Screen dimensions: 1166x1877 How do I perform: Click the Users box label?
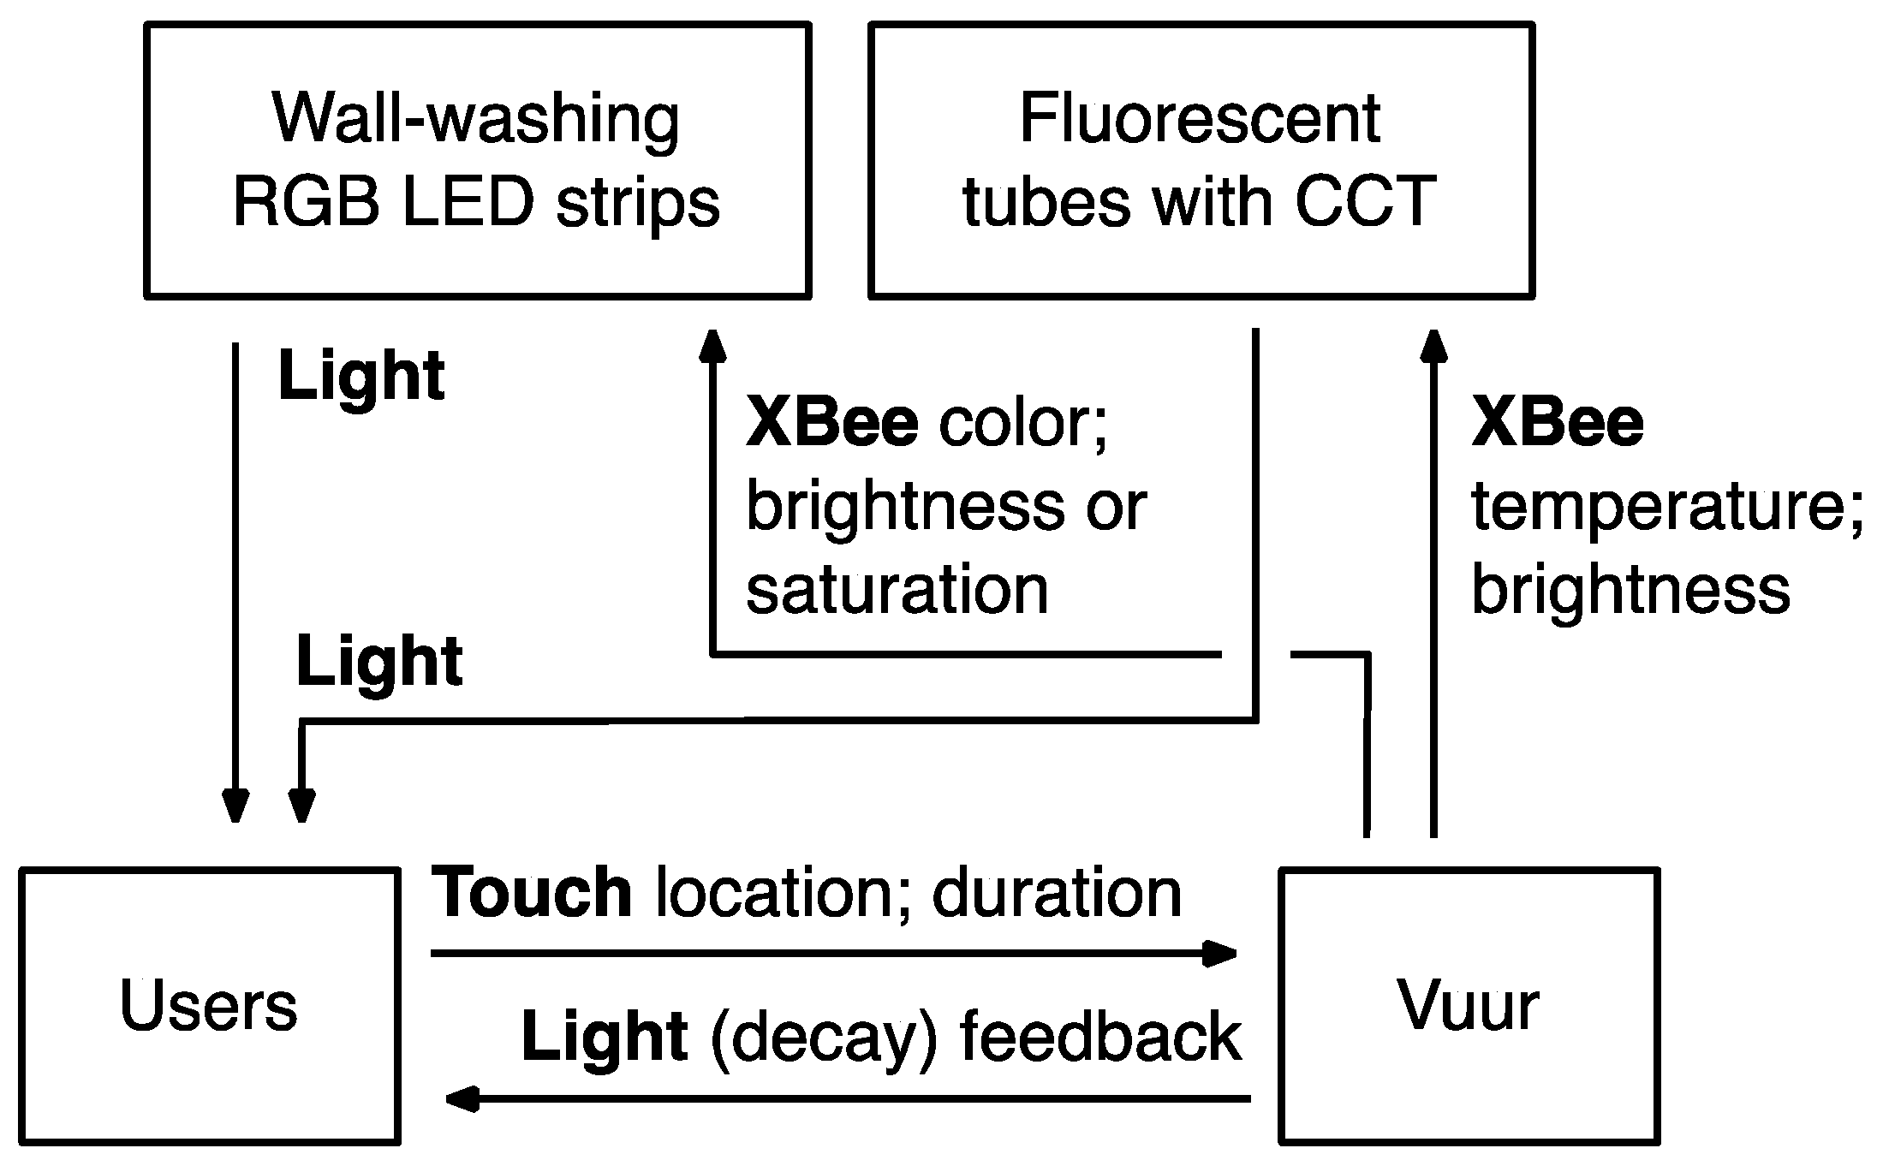(x=208, y=1005)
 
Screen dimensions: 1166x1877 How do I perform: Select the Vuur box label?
(x=1469, y=1005)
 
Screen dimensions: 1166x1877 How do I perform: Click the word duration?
(x=1057, y=892)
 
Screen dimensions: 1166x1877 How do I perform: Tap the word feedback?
(x=1100, y=1036)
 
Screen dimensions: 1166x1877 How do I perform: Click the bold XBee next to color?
(x=832, y=423)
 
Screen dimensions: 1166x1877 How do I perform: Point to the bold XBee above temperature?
(x=1558, y=423)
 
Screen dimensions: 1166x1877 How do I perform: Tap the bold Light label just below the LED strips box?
(x=361, y=376)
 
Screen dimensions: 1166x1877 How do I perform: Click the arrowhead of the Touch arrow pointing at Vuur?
(x=1219, y=953)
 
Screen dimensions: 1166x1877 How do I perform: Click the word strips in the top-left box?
(x=638, y=202)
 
